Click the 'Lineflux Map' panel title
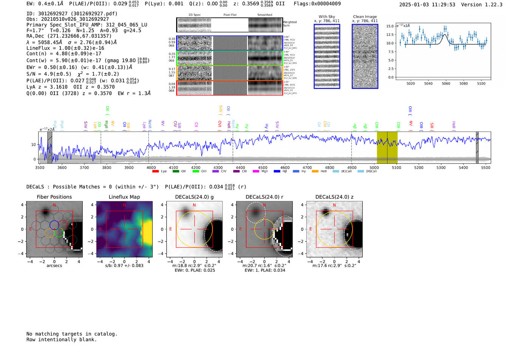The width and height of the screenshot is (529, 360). coord(124,197)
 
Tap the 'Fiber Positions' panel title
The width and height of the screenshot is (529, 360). coord(54,197)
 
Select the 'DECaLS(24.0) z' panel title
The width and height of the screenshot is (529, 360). coord(334,197)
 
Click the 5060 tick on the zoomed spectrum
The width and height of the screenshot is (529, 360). coord(446,83)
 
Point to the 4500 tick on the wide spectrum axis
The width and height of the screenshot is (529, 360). coord(263,167)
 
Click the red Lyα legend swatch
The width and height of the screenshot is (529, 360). coord(155,172)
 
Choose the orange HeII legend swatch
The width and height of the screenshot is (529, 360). coord(315,172)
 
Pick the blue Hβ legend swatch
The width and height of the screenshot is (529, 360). coord(277,172)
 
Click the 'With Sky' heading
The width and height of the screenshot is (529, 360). coord(326,17)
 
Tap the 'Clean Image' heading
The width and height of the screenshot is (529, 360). coord(365,17)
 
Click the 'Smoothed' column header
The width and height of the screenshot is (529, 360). coord(264,15)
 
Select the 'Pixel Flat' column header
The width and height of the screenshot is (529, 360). coord(230,15)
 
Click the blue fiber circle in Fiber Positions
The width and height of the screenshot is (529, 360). coord(54,224)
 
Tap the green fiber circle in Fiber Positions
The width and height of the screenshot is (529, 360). coord(59,233)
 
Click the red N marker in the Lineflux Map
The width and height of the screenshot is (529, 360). coord(124,205)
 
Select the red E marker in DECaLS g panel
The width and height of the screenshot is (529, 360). coord(170,229)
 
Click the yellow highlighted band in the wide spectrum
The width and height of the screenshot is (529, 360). coord(387,147)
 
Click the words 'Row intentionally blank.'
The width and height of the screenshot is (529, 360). coord(62,339)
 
